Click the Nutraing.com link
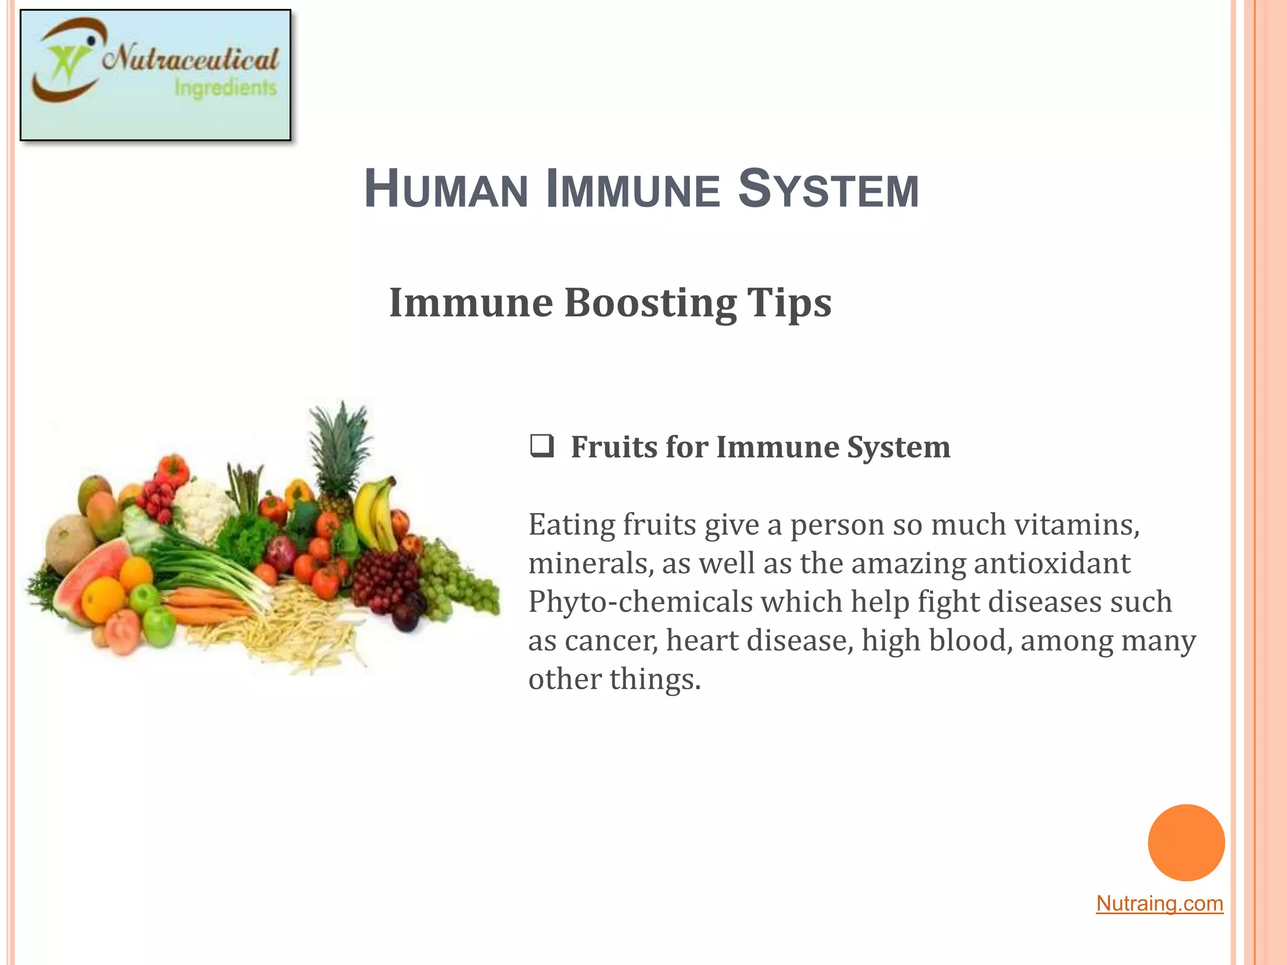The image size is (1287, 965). pos(1159,903)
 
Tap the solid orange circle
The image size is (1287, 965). pos(1186,842)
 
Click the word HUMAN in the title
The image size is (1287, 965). pos(446,189)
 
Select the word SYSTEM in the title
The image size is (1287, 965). pos(828,189)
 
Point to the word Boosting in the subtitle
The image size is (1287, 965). pos(650,303)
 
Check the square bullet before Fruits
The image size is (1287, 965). pos(542,445)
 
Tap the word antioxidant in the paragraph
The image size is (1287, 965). pos(1053,563)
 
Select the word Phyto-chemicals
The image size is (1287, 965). pos(640,602)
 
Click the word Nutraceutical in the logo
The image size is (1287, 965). pos(190,60)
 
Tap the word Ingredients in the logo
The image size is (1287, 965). pos(225,88)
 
